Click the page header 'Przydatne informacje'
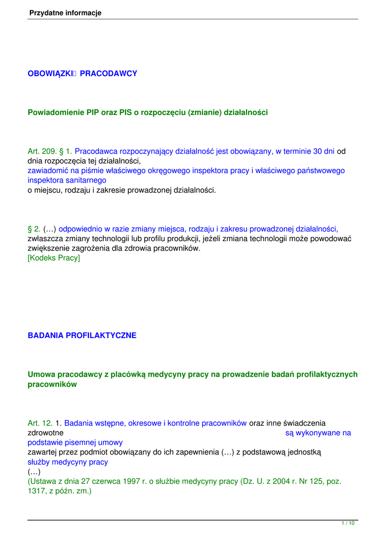click(x=65, y=13)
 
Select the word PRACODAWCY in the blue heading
click(x=109, y=73)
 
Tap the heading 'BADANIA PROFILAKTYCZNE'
click(x=82, y=335)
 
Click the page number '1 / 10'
click(x=348, y=524)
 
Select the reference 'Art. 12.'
click(x=40, y=423)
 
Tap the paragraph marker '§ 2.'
click(x=34, y=229)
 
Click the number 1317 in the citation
click(x=37, y=491)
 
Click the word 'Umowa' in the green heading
click(x=41, y=374)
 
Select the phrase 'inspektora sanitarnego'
click(x=67, y=180)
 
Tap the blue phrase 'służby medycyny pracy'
click(x=68, y=462)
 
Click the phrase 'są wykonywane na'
click(x=318, y=433)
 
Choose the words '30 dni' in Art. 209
click(x=324, y=151)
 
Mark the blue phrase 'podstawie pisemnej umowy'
click(x=75, y=442)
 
